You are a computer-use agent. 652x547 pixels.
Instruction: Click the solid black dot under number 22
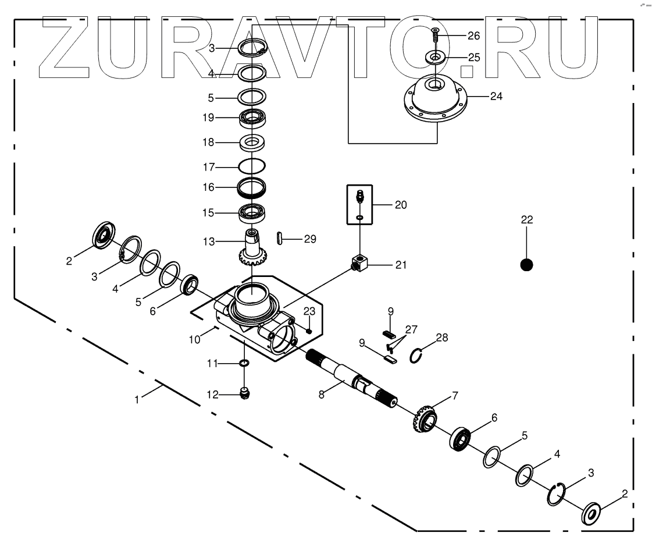tap(526, 265)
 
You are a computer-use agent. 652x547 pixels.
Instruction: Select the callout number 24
tap(496, 96)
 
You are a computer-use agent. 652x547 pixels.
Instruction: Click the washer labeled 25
tap(435, 57)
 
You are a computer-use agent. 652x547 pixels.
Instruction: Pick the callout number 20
tap(400, 204)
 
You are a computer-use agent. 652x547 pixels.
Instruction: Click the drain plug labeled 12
tap(245, 393)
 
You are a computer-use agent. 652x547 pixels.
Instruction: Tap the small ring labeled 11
tap(245, 364)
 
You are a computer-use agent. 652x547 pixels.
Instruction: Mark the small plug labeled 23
tap(309, 331)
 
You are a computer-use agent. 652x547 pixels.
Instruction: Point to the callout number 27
tap(412, 329)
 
